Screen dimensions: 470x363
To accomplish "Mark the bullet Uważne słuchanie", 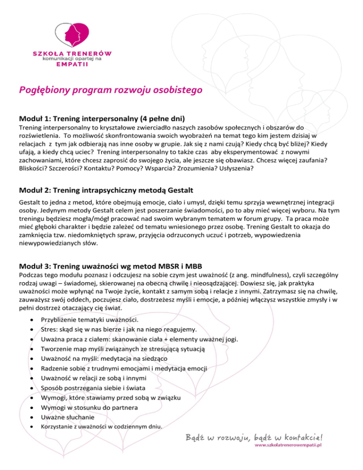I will [x=68, y=418].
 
